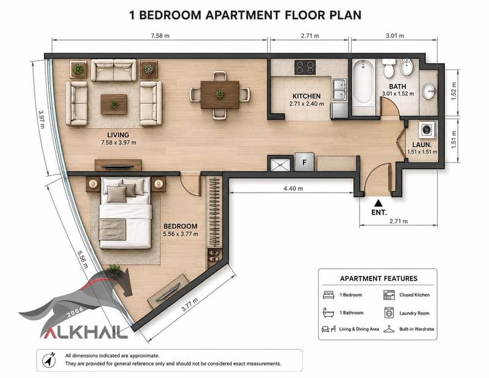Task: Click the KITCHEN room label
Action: point(306,96)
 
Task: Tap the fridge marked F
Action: point(304,161)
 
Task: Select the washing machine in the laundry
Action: point(427,130)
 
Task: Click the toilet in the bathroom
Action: point(389,69)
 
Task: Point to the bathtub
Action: point(364,83)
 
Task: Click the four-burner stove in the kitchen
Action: point(305,67)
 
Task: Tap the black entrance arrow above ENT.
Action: point(378,203)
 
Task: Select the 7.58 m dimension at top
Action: point(160,35)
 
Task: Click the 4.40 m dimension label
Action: point(293,188)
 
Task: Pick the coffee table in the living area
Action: point(114,105)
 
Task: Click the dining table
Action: point(220,95)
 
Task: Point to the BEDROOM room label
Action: point(181,226)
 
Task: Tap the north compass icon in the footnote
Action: point(50,360)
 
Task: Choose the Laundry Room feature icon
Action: point(389,313)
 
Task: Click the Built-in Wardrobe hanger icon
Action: point(389,329)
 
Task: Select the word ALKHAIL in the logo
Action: point(84,332)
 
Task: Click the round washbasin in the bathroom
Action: point(428,91)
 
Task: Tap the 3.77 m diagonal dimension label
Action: point(190,305)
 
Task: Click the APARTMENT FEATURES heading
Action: point(379,278)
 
